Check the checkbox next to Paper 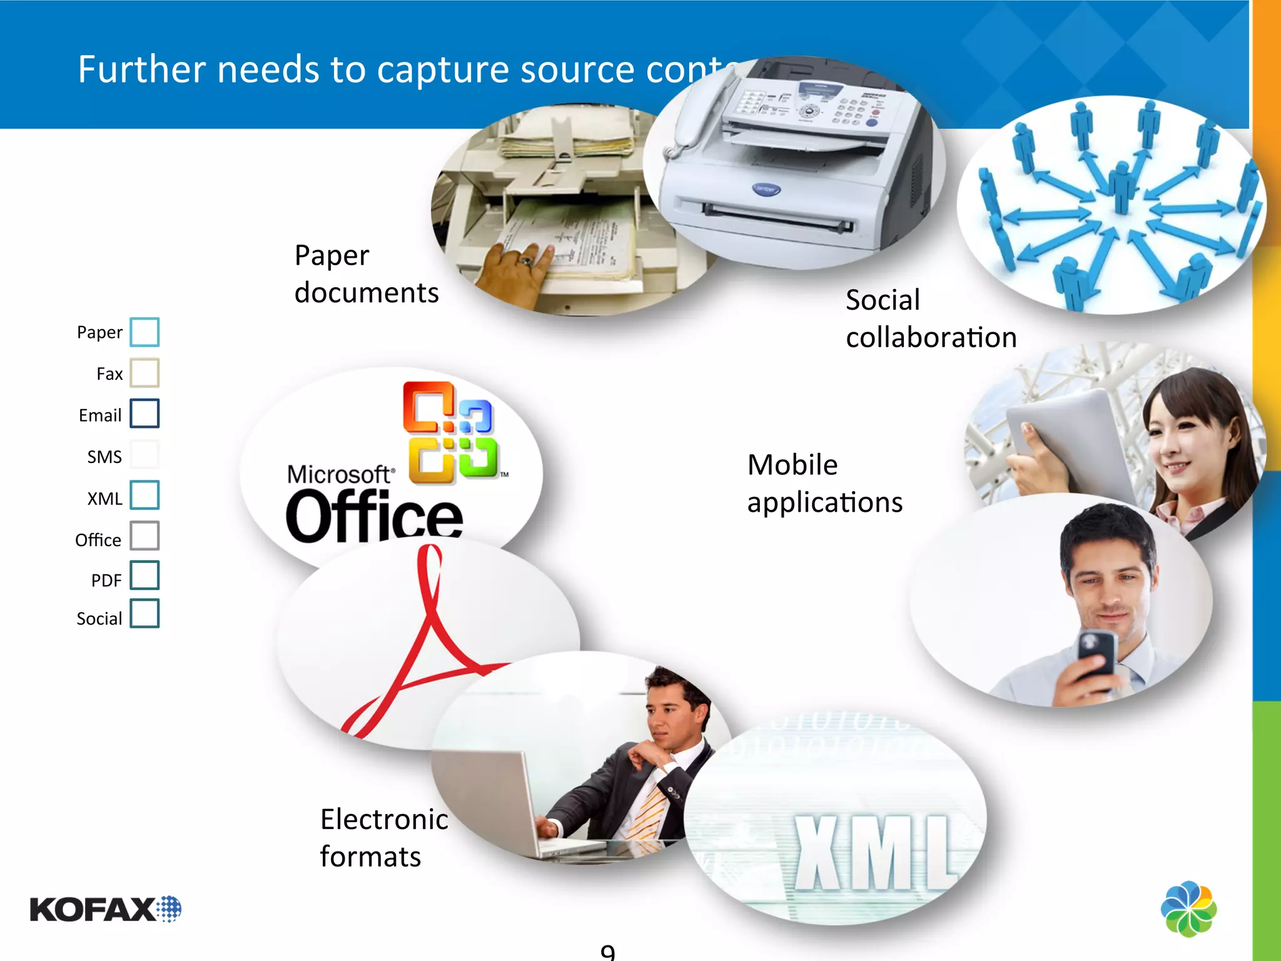tap(144, 332)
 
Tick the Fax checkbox tap(144, 373)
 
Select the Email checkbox tap(144, 414)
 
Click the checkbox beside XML tap(144, 496)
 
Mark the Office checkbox tap(144, 536)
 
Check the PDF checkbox tap(144, 576)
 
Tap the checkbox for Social tap(144, 614)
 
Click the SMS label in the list tap(104, 457)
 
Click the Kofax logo tap(105, 909)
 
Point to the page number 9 tap(607, 952)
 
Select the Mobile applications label tap(824, 483)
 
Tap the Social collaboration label tap(931, 318)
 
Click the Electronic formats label tap(383, 837)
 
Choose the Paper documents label tap(367, 273)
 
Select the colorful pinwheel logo tap(1188, 909)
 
